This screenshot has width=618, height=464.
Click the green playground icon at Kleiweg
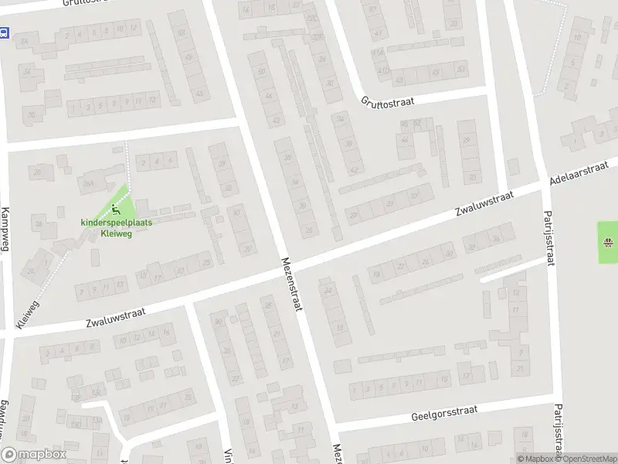coord(116,209)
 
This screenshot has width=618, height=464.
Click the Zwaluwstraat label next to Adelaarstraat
coord(484,204)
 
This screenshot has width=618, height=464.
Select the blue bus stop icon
coord(4,33)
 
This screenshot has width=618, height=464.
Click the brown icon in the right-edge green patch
coord(609,243)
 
